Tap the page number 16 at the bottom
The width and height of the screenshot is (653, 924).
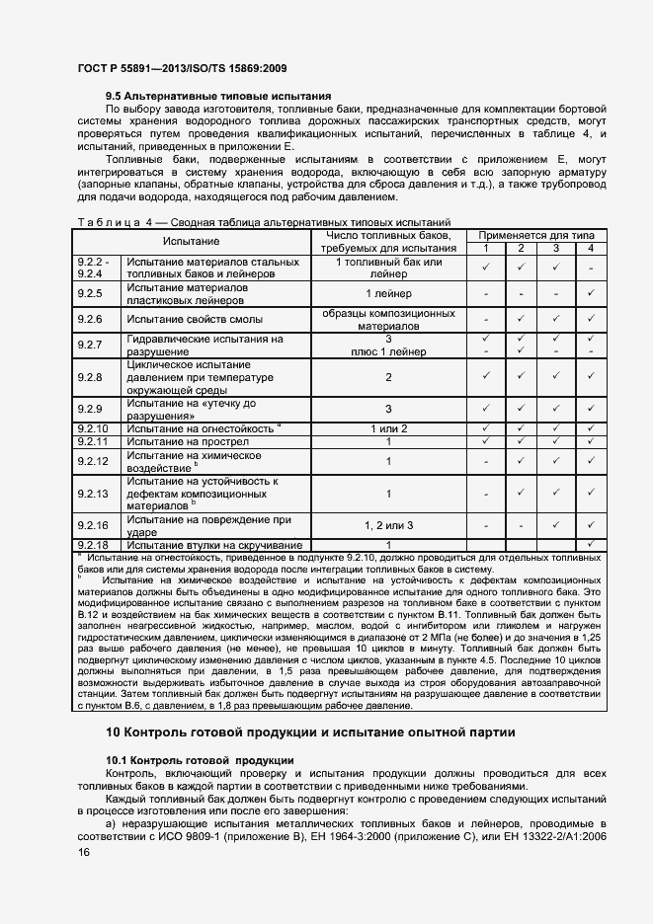(84, 851)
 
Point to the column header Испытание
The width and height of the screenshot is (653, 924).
(192, 242)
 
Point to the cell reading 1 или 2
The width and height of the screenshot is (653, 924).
(388, 428)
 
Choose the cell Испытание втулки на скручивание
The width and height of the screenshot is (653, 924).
(213, 545)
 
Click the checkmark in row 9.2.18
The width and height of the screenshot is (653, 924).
(590, 545)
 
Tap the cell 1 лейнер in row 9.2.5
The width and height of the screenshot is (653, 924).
(388, 293)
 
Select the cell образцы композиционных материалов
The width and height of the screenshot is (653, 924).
(388, 320)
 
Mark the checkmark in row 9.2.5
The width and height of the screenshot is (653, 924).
(590, 293)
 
